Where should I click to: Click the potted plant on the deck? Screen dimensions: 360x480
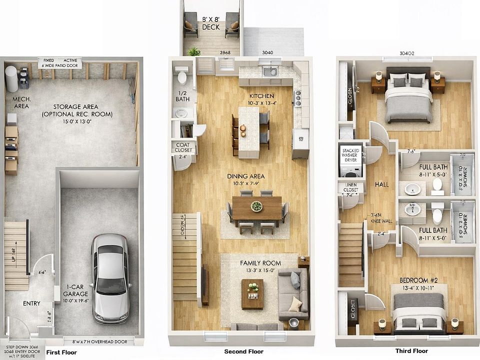(194, 51)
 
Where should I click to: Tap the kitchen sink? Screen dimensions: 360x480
(270, 71)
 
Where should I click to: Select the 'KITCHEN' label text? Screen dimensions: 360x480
(262, 96)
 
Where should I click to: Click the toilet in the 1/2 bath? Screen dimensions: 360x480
(182, 77)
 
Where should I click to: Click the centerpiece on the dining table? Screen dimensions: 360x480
(256, 206)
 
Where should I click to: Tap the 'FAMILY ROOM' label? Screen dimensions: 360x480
(260, 263)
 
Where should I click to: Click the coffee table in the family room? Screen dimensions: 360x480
(252, 293)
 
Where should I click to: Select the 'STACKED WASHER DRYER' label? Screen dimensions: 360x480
(350, 154)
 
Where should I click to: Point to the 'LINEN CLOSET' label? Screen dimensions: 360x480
(350, 190)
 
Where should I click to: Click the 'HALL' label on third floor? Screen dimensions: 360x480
(381, 184)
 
